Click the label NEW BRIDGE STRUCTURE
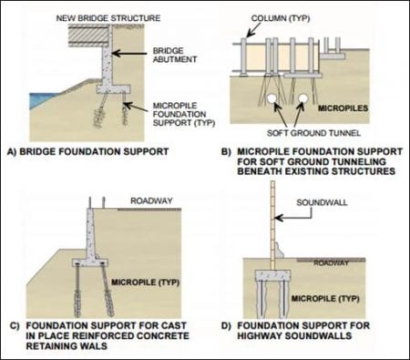coord(108,18)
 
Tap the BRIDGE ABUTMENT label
coord(175,55)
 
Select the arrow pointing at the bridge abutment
coord(129,54)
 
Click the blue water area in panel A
coord(41,100)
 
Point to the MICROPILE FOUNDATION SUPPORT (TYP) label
coord(184,114)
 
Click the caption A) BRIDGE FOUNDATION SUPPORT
coord(87,151)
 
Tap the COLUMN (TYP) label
coord(281,18)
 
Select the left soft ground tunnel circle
coord(272,98)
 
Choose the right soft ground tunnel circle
coord(302,98)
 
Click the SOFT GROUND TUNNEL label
coord(313,133)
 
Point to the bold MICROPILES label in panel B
coord(343,108)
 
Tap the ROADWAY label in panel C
coord(151,201)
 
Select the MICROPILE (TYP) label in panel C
coord(146,283)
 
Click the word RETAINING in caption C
coord(49,345)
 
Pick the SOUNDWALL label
coord(322,202)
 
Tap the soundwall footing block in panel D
coord(273,275)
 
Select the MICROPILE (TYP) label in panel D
coord(325,298)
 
